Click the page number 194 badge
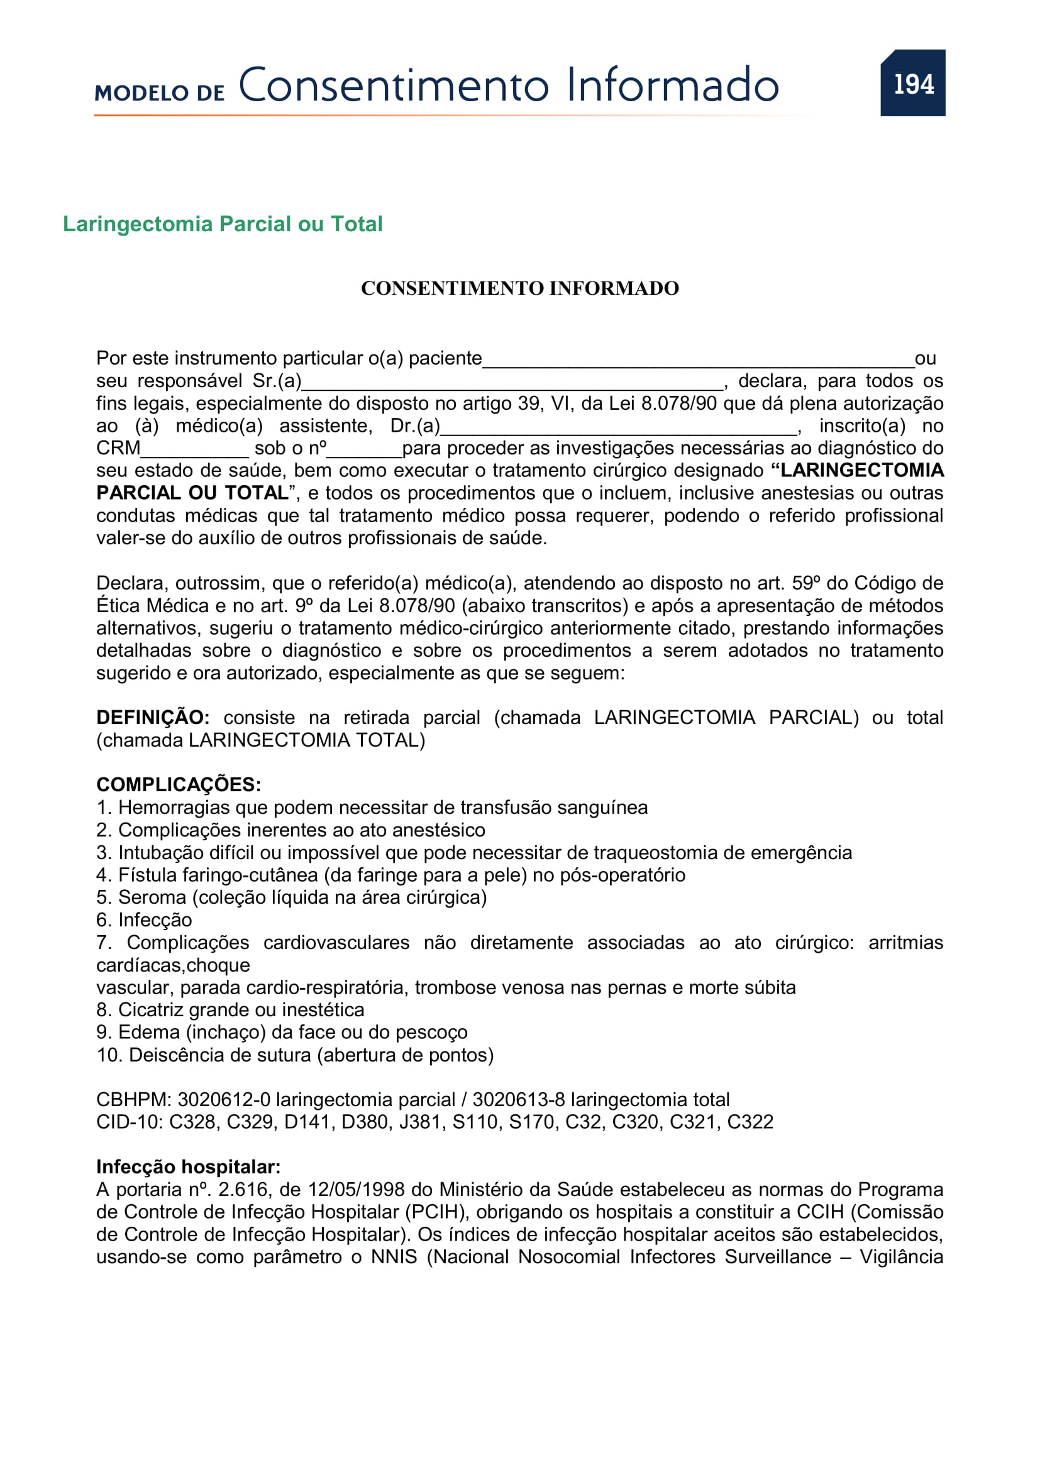[912, 83]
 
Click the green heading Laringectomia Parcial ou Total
[222, 224]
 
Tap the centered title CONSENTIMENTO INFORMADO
[519, 288]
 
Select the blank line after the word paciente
[698, 360]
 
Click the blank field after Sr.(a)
[512, 382]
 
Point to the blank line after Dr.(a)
[619, 427]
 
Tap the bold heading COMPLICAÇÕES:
[179, 785]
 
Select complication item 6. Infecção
[144, 920]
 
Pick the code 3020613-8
[518, 1100]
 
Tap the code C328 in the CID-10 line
[192, 1122]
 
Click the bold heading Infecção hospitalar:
[188, 1167]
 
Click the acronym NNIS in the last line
[394, 1257]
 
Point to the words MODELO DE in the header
[160, 93]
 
